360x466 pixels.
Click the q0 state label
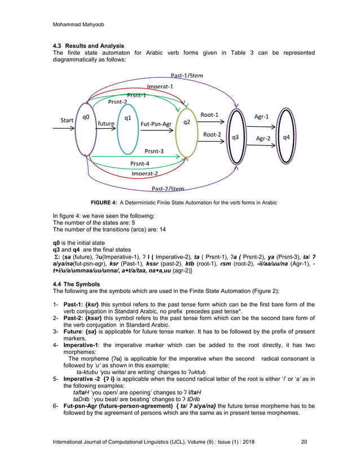86,117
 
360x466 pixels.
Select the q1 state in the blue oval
128,118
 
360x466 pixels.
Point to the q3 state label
235,137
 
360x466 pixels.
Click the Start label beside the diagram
67,121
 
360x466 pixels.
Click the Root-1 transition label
209,115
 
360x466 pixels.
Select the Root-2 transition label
212,134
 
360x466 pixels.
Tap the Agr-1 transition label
261,117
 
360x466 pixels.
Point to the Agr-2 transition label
264,138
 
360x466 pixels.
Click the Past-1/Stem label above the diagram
187,76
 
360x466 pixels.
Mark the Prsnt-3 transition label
153,151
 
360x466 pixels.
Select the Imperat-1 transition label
160,86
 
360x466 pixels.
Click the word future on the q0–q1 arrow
106,122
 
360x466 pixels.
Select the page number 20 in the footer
304,441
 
